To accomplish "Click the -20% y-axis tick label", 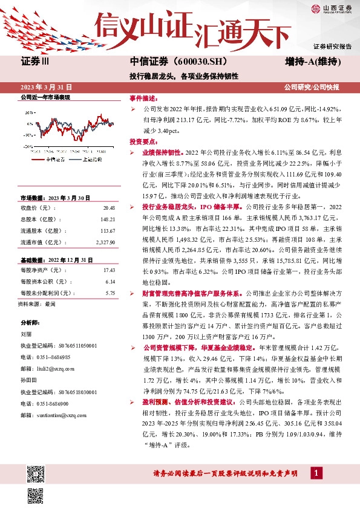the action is (28, 146).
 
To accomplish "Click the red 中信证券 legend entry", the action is (56, 160).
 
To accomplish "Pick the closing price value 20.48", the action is (109, 206).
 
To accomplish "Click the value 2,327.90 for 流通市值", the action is (105, 242).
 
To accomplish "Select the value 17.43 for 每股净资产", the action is (109, 270).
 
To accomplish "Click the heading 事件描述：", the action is (143, 98).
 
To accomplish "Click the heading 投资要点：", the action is (143, 141).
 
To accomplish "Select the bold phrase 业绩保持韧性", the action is (162, 153).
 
